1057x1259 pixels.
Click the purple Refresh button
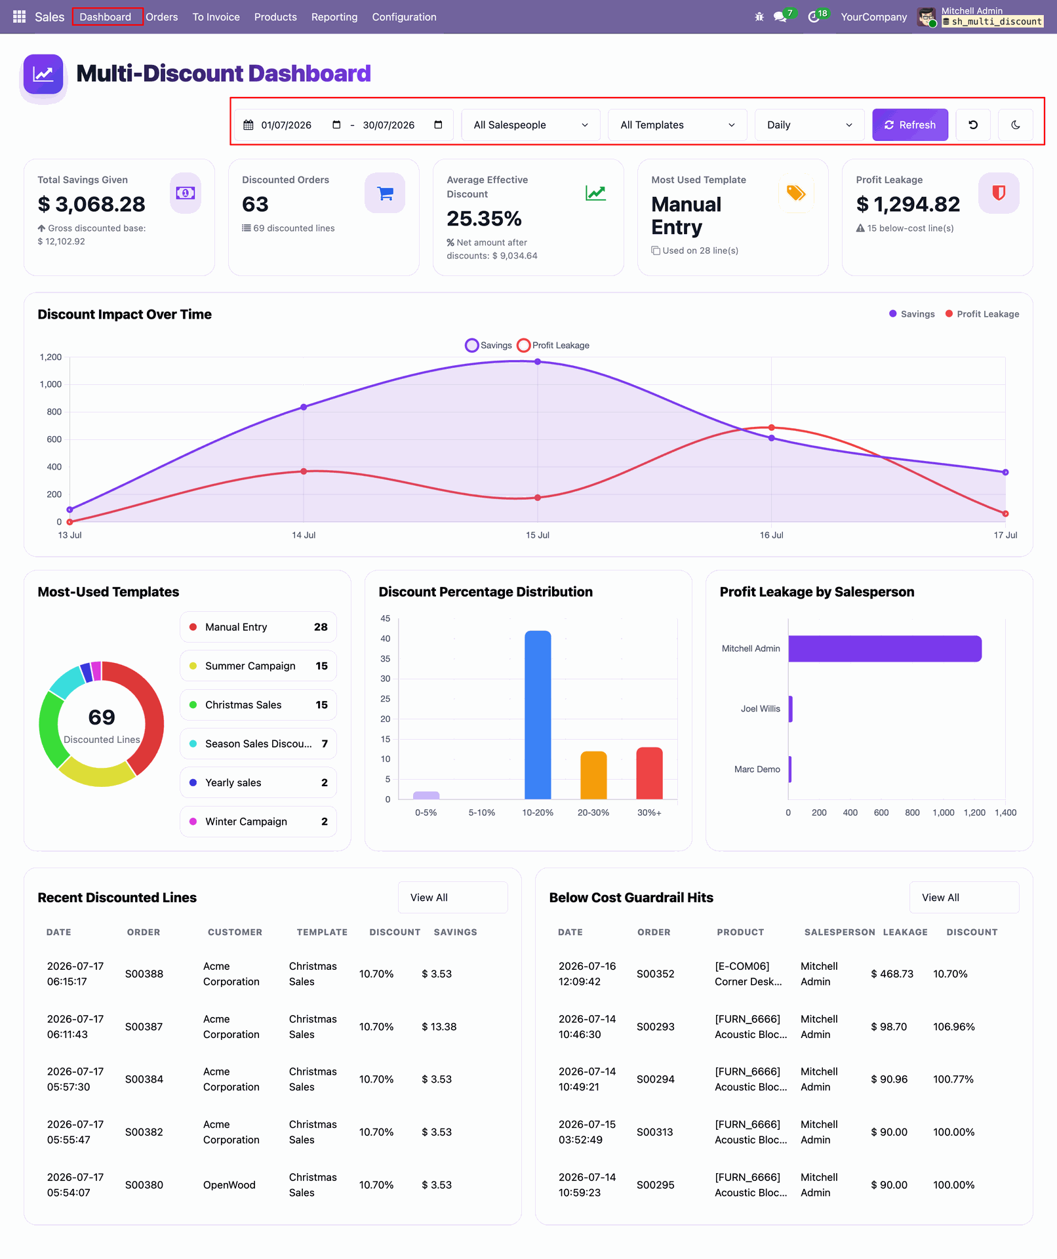909,125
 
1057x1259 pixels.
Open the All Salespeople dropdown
530,125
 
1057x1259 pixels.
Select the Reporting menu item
334,17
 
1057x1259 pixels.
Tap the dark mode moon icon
1015,125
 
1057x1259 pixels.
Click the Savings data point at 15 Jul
538,361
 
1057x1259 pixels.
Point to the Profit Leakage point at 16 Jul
772,428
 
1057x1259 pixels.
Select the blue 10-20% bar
538,715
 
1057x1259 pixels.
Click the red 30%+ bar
649,773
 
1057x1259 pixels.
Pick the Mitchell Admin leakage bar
885,649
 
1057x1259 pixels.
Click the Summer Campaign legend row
258,666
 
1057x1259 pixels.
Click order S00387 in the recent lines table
144,1027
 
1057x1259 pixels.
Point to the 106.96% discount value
954,1027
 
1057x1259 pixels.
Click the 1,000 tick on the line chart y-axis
50,384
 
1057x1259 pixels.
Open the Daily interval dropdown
809,125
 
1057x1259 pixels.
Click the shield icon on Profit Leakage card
999,193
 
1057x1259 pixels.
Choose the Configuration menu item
404,17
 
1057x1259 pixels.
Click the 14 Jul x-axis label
304,535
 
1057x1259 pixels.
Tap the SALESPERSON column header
839,932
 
